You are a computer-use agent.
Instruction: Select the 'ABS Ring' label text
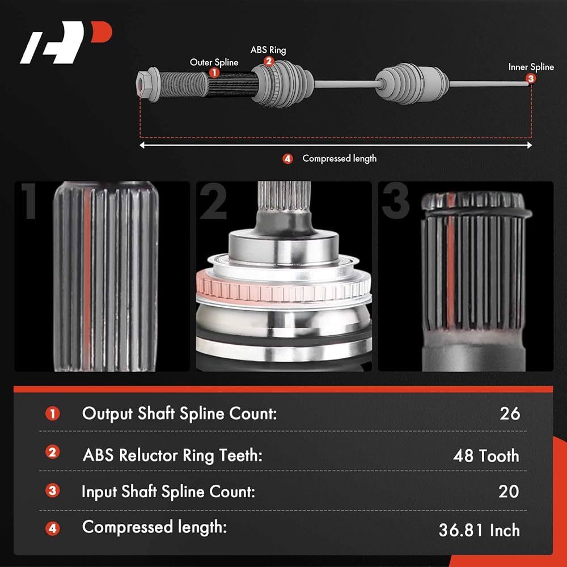point(268,50)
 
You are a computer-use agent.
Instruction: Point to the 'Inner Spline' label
point(531,67)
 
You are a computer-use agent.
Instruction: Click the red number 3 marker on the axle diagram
point(531,79)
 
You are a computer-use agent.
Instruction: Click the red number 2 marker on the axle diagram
point(268,61)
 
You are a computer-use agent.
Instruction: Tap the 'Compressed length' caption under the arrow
point(339,159)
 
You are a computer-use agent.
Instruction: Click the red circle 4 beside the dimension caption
point(287,159)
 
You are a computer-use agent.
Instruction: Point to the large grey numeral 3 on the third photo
point(395,201)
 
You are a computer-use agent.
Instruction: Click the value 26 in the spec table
point(509,413)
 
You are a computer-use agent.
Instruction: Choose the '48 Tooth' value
point(486,455)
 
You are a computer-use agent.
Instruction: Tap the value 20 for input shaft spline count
point(509,491)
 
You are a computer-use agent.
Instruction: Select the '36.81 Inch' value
point(479,530)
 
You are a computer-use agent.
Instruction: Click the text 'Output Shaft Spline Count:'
point(179,413)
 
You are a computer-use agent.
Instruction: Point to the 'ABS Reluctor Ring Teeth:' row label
point(172,455)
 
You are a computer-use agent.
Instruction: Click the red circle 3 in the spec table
point(52,491)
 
